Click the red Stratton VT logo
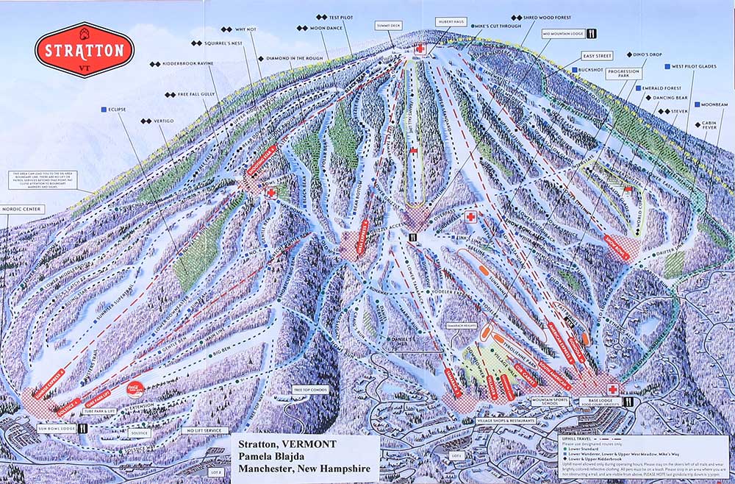pyautogui.click(x=85, y=51)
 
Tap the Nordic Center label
pyautogui.click(x=22, y=209)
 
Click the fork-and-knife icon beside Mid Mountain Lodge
pyautogui.click(x=591, y=33)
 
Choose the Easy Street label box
pyautogui.click(x=597, y=55)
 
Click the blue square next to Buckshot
pyautogui.click(x=573, y=69)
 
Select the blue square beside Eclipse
pyautogui.click(x=104, y=110)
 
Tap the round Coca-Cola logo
pyautogui.click(x=136, y=386)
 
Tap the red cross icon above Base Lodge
pyautogui.click(x=612, y=388)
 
